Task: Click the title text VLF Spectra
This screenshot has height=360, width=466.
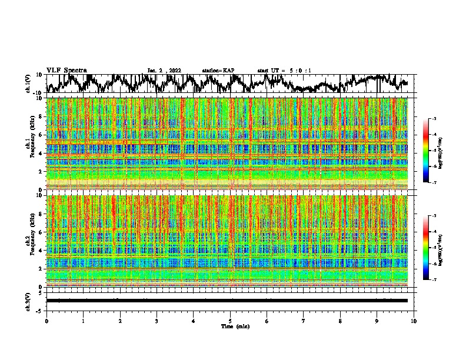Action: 66,71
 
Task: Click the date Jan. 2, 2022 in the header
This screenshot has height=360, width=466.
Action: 165,71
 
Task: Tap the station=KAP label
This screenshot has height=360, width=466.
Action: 218,71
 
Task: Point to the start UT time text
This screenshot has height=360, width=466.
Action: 284,71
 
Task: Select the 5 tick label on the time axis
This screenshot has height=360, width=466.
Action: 230,321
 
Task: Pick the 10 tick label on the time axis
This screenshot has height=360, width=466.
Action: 414,321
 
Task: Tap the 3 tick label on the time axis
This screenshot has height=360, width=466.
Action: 157,321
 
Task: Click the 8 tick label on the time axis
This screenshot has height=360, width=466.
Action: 340,321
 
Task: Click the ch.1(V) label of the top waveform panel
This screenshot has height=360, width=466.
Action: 28,84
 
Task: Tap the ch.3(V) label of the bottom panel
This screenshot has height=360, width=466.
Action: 28,301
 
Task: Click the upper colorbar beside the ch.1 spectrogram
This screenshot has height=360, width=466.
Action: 432,151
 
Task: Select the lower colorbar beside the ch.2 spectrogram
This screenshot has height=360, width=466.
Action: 432,248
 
